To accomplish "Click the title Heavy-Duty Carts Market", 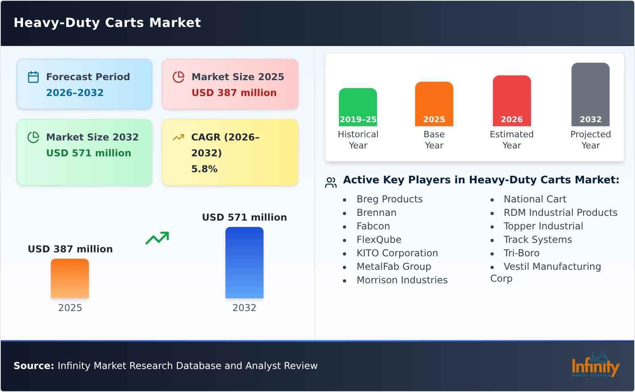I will click(107, 23).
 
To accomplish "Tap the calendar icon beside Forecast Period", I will click(33, 77).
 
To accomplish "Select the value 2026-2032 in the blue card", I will click(75, 93).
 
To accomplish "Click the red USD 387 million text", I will click(234, 93).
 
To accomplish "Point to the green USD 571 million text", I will click(89, 153).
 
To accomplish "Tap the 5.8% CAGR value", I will click(204, 169).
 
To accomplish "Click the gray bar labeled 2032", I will click(590, 94).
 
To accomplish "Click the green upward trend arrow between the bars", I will click(157, 238).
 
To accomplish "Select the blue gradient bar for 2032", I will click(244, 262).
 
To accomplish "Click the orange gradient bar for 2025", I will click(70, 278).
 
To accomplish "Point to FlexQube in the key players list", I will click(379, 240).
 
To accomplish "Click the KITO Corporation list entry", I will click(397, 253).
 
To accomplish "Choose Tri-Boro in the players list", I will click(521, 253).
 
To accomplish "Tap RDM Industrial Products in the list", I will click(560, 213).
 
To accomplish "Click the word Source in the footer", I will click(33, 366).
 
